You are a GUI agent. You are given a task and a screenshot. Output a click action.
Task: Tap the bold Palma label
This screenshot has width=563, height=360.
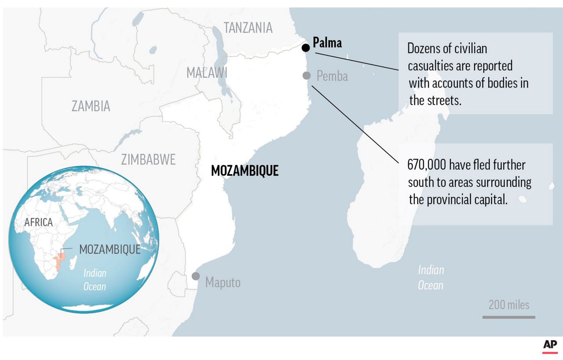327,43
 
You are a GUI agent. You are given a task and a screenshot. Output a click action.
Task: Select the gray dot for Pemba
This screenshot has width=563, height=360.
307,75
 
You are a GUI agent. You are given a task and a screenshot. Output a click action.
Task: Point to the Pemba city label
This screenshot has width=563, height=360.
332,76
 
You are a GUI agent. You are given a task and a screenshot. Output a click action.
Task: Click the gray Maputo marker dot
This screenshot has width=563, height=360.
195,276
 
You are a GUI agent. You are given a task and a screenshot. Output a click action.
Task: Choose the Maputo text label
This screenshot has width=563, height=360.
223,282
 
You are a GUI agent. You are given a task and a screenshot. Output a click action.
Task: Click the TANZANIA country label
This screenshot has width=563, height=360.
248,28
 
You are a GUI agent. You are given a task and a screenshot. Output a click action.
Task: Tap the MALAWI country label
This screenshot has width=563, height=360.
207,73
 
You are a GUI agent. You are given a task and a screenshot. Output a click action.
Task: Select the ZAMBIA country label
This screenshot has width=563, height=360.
91,106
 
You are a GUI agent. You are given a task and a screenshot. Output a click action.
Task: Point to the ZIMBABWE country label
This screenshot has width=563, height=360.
148,159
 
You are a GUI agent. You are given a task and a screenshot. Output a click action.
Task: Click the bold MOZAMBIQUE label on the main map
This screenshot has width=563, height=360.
245,171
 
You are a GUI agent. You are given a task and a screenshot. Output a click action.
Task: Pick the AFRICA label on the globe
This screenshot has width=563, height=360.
38,223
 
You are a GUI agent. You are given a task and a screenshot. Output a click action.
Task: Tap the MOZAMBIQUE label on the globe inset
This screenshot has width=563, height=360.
110,250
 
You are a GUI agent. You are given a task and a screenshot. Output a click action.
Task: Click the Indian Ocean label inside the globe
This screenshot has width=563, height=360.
95,280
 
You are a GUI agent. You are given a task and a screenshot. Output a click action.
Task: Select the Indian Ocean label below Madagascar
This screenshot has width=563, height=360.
431,277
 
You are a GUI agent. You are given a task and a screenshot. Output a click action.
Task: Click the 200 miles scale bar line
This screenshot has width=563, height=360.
508,317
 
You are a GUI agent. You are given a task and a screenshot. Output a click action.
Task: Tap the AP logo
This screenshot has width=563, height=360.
550,346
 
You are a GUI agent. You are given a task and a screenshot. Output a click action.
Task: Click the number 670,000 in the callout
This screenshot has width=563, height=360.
427,165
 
